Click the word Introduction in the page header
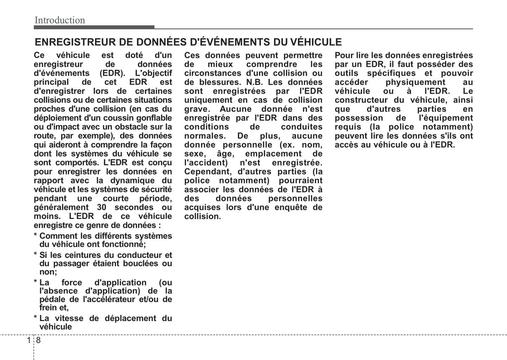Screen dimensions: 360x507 point(60,20)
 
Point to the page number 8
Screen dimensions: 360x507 point(38,340)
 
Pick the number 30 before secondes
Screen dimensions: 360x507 point(101,207)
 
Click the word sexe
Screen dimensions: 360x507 point(194,154)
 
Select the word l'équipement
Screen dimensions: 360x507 point(446,118)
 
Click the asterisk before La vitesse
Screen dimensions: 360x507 point(35,319)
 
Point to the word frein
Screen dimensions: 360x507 point(48,308)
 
